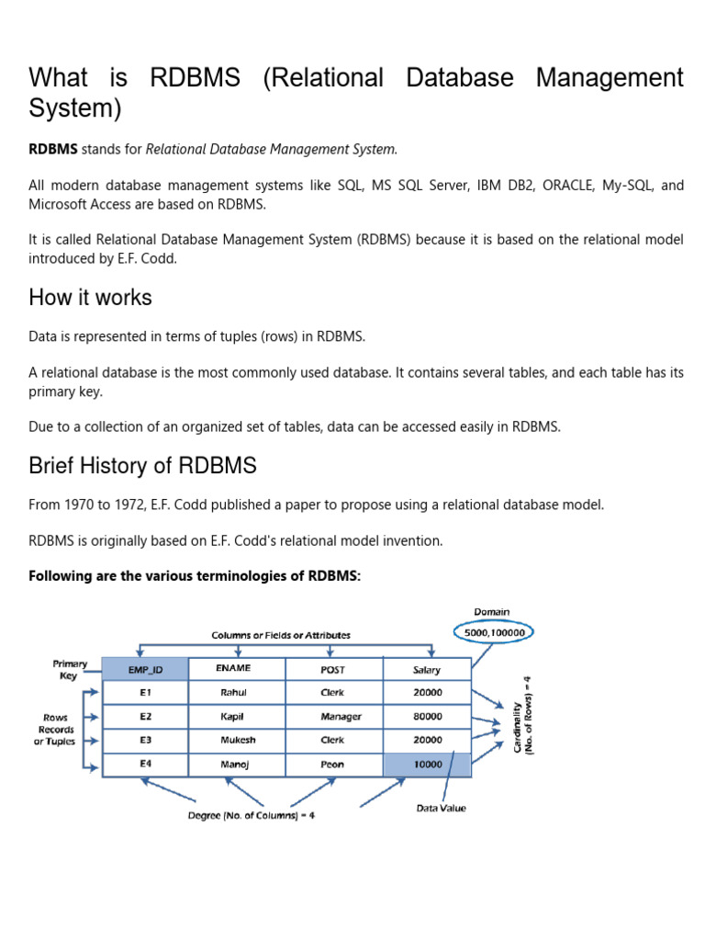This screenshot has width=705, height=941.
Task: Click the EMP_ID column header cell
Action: [144, 670]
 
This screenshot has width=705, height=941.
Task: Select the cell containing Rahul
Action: [234, 693]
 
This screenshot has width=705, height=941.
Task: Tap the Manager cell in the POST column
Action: [333, 717]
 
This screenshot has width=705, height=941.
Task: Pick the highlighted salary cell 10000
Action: [427, 765]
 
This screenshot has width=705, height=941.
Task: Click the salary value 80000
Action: [427, 717]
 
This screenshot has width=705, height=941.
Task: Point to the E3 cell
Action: [144, 741]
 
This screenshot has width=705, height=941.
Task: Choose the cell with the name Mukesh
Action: [238, 741]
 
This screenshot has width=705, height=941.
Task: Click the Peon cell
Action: [333, 765]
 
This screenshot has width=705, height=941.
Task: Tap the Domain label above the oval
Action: [492, 611]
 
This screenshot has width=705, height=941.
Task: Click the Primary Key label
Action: [70, 669]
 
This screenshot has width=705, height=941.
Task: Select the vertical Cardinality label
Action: [522, 716]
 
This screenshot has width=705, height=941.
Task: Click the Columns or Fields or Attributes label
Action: [281, 635]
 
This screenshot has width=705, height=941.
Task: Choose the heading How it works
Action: [90, 298]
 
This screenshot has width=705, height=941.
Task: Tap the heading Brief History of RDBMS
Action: [142, 466]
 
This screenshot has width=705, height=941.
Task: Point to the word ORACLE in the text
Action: [569, 186]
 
